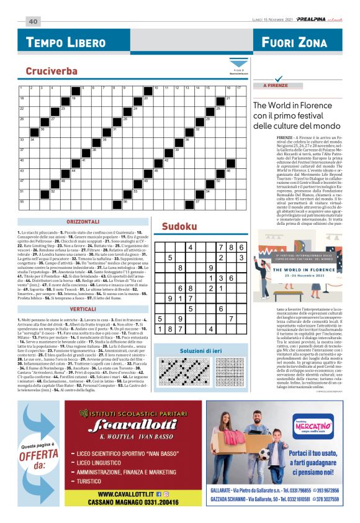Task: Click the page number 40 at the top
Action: [32, 21]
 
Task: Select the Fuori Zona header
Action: [294, 43]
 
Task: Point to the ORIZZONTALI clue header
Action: [83, 222]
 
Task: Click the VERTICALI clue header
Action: [83, 309]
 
